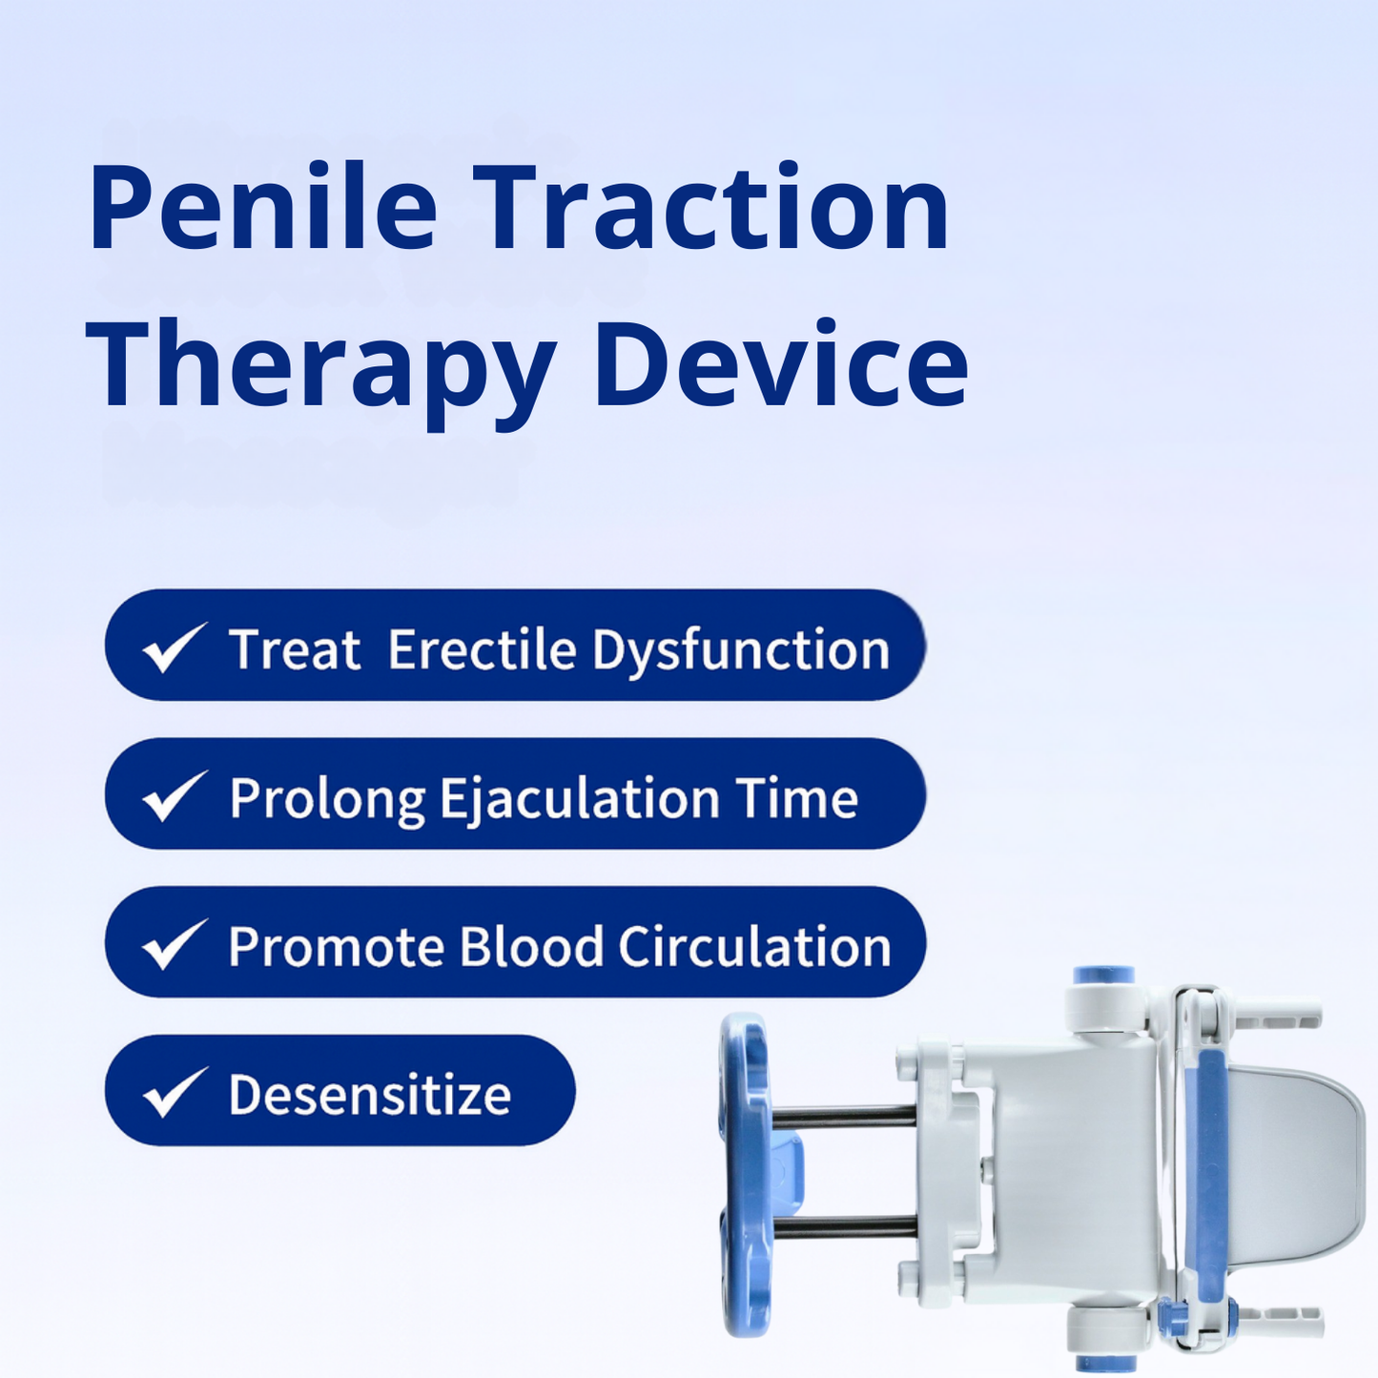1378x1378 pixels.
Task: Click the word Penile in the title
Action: coord(263,208)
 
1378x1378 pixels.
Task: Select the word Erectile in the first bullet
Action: coord(483,650)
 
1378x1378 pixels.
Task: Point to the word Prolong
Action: coord(326,800)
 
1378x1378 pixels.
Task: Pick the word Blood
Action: coord(532,947)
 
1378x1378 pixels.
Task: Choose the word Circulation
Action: coord(754,947)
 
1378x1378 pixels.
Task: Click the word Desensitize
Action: coord(370,1095)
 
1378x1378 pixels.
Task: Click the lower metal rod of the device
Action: coord(844,1228)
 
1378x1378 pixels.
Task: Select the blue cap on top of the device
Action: coord(1103,976)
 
